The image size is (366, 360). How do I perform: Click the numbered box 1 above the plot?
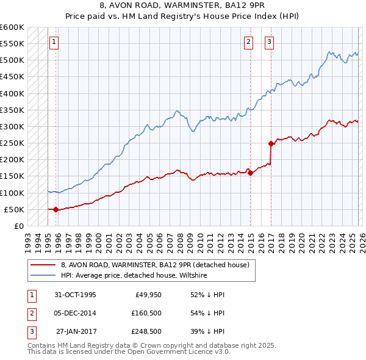(x=54, y=42)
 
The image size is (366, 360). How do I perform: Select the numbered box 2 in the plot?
(x=249, y=42)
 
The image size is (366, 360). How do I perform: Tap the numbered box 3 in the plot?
(x=269, y=42)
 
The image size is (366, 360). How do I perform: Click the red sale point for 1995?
(x=56, y=209)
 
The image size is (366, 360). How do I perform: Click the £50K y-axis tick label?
(x=15, y=209)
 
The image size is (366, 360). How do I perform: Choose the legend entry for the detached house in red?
(x=155, y=265)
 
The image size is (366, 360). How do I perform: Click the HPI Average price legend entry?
(x=134, y=276)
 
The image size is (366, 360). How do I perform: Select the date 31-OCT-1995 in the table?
(x=75, y=295)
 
